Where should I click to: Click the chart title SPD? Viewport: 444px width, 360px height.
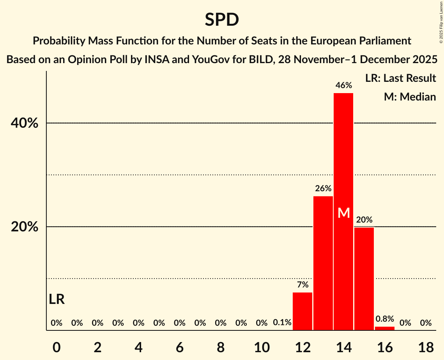click(222, 19)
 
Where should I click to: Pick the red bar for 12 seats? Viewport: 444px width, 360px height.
click(302, 311)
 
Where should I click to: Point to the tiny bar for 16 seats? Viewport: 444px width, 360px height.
click(385, 328)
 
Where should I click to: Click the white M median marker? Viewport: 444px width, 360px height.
click(343, 213)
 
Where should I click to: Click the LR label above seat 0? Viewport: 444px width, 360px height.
click(57, 300)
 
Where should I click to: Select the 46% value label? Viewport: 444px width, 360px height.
click(343, 85)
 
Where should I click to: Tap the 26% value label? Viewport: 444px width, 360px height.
click(323, 189)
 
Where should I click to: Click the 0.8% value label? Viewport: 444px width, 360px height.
click(385, 319)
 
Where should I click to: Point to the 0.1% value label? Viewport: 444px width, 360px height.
click(282, 323)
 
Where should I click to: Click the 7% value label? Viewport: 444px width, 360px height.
click(302, 285)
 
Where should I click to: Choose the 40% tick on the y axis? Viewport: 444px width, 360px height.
click(24, 123)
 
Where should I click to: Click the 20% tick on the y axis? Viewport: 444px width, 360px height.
click(24, 227)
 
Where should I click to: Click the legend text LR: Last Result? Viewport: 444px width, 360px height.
click(400, 78)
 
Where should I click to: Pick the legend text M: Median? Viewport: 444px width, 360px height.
click(410, 97)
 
